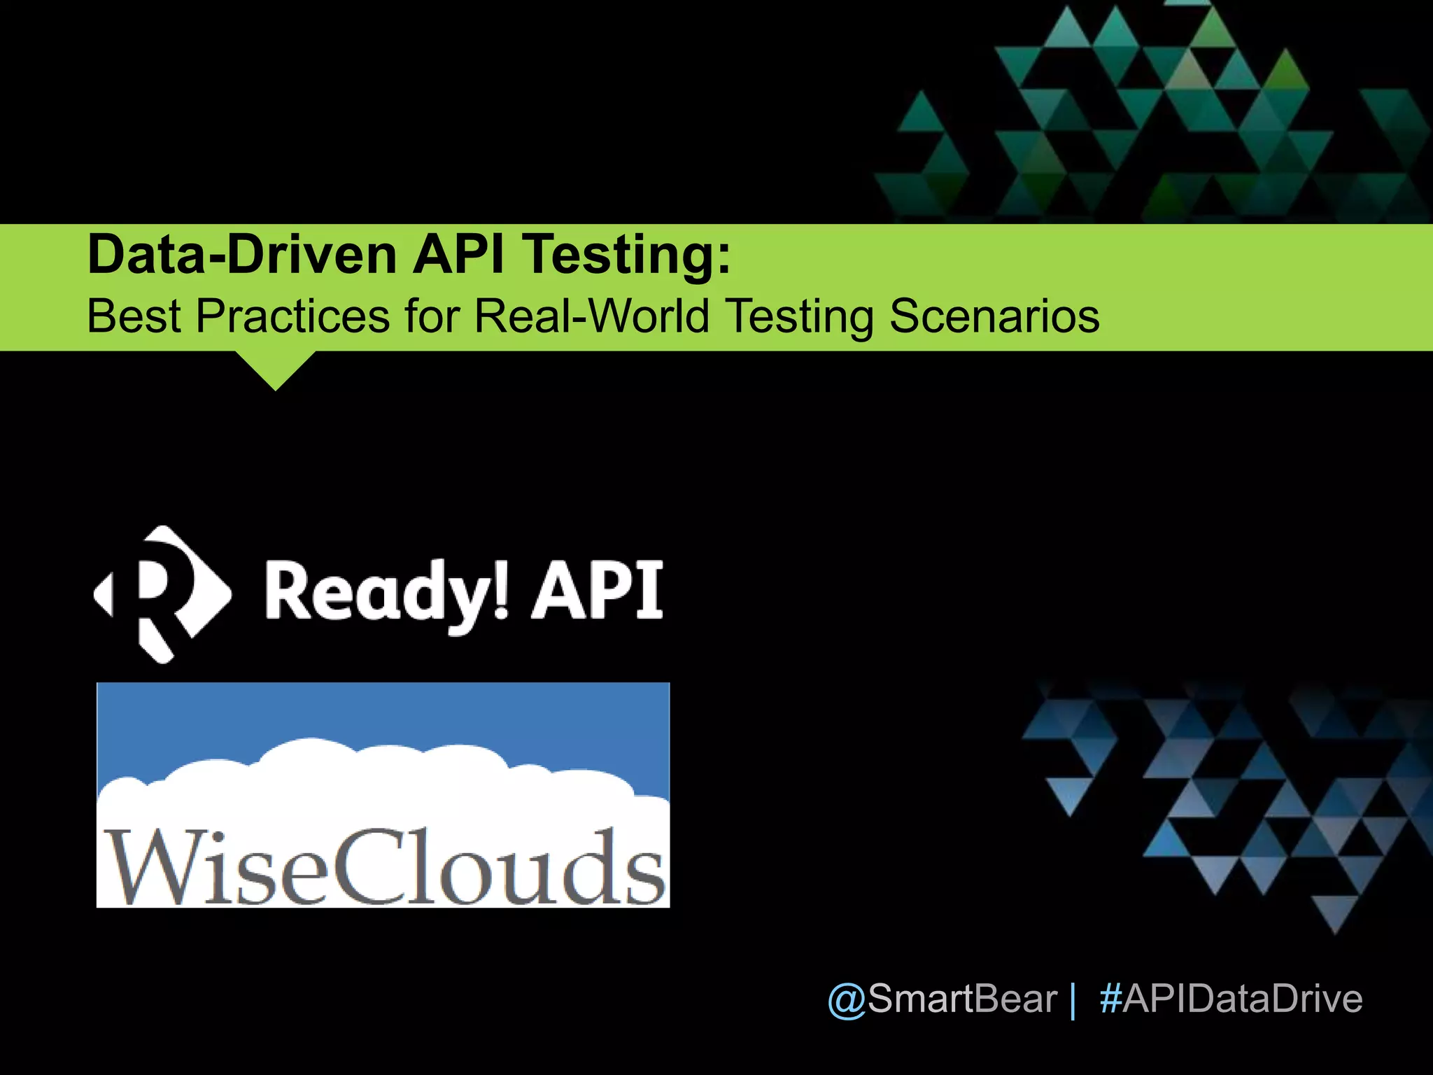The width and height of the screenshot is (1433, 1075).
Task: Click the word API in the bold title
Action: pos(458,255)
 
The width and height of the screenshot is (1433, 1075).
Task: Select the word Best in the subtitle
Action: pos(134,316)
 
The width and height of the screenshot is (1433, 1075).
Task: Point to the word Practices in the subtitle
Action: pos(292,316)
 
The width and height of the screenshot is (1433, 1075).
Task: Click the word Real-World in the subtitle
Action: pos(591,316)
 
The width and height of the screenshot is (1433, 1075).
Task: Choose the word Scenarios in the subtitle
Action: pos(994,316)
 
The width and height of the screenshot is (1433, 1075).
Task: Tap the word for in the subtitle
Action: pos(431,316)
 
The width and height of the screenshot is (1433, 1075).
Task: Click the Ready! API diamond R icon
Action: pos(162,594)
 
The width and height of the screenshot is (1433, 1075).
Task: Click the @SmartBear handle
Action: pos(942,999)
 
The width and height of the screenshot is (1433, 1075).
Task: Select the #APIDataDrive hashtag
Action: pos(1231,999)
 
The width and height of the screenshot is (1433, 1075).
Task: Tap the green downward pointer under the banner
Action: pos(275,370)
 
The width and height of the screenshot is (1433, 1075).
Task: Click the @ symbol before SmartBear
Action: pos(847,1000)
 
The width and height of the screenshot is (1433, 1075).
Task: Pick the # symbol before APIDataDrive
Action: pos(1110,999)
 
